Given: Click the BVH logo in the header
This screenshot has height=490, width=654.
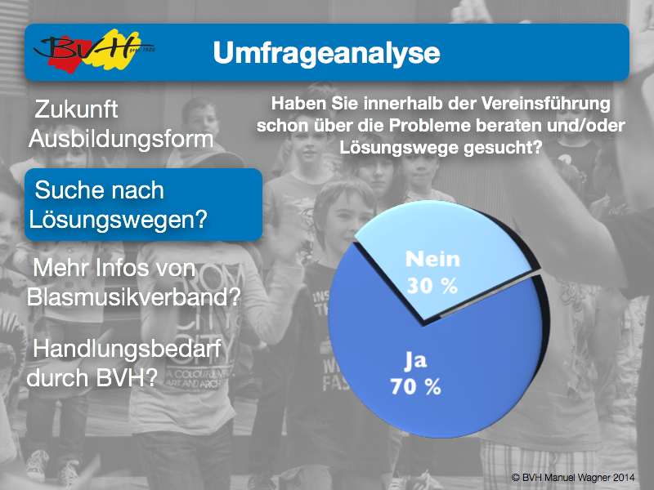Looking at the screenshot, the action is (x=94, y=51).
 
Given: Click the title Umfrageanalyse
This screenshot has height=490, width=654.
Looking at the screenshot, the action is (x=326, y=53).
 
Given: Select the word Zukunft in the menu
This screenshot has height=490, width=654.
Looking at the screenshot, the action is (x=76, y=109).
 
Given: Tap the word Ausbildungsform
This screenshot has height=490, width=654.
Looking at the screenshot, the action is (x=121, y=139).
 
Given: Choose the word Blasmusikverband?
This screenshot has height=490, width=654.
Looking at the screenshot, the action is (x=134, y=297).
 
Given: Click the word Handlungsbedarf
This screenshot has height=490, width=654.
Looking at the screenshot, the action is (x=127, y=350).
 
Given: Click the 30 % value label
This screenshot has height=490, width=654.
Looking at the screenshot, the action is (x=432, y=286).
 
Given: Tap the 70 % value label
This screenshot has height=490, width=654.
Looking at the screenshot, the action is (x=416, y=386).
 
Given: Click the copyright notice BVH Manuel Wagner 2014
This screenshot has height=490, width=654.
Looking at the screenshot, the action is (x=573, y=477).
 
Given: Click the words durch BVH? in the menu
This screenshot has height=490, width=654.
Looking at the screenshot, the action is (x=92, y=378).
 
